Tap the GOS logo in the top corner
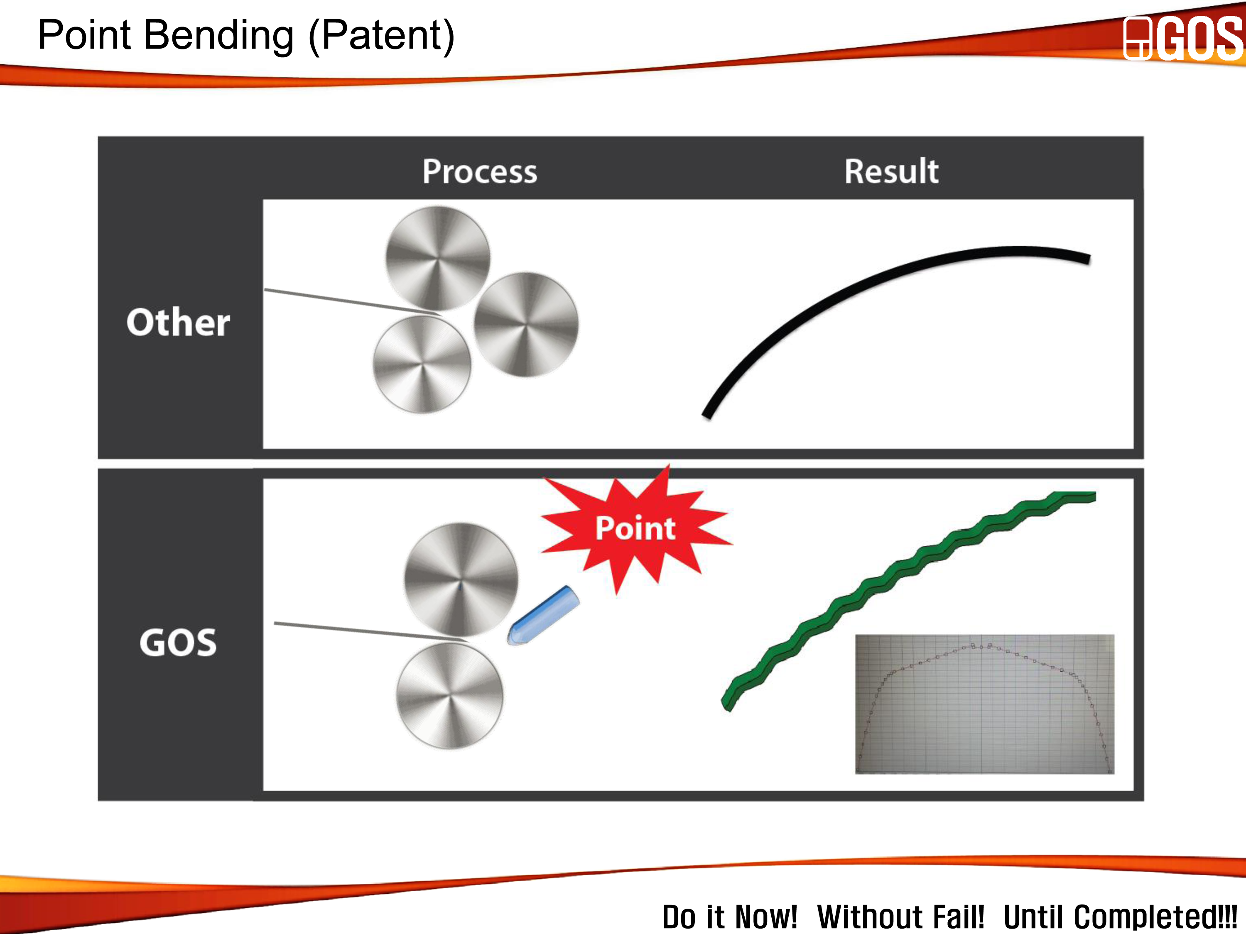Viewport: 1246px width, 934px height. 1183,38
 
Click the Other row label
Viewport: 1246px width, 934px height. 179,322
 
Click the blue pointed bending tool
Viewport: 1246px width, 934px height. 543,615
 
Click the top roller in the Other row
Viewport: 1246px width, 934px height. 438,258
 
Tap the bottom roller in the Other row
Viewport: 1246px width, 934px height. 422,364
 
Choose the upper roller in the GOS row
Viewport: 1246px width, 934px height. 461,580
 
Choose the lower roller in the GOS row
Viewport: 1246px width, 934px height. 449,697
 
